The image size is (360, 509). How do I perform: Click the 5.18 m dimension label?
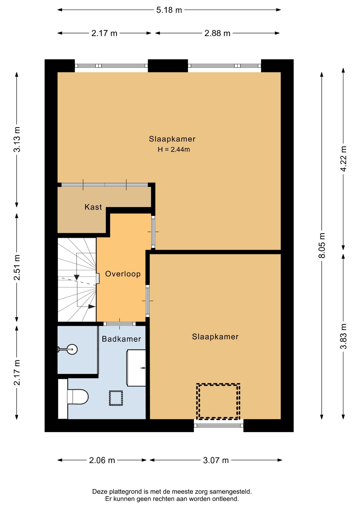pos(169,10)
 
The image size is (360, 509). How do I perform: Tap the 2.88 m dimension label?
pos(217,33)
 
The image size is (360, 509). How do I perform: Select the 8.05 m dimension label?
pos(322,245)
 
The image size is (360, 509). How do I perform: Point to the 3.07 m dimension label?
pos(216,460)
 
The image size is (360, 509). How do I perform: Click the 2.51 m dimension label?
pos(17,267)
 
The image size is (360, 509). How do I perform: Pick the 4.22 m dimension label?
pos(344,159)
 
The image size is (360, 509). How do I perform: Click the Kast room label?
pos(93,207)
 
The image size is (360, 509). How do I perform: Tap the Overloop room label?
pos(123,274)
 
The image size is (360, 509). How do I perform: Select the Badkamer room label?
pos(121,339)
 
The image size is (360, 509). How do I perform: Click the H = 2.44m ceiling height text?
pos(174,150)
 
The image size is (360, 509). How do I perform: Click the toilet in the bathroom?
pos(77,397)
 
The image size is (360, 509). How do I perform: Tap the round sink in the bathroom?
pos(72,349)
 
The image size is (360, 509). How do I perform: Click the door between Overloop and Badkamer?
pos(120,324)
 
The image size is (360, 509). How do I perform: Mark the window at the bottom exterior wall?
pos(219,425)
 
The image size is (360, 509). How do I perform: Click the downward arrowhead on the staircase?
pos(77,277)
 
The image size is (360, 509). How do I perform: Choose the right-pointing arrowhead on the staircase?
pos(92,306)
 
